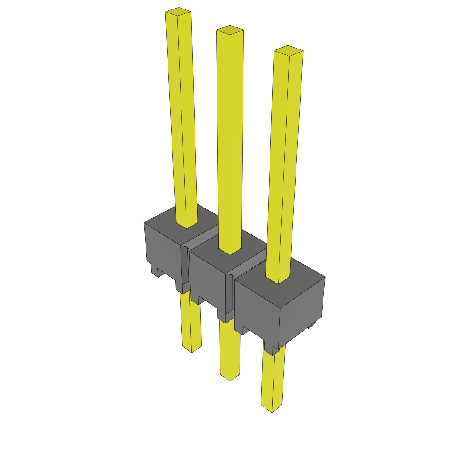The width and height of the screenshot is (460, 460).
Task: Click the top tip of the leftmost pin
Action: click(x=178, y=13)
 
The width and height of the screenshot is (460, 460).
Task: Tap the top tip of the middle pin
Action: click(x=230, y=30)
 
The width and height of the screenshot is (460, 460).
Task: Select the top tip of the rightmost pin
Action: click(x=288, y=50)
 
